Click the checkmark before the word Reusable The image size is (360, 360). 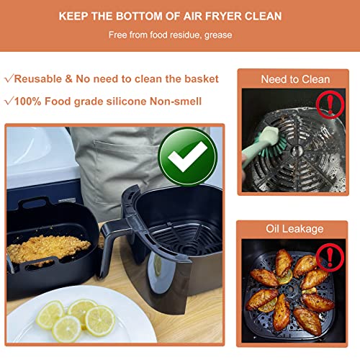tap(9, 78)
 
